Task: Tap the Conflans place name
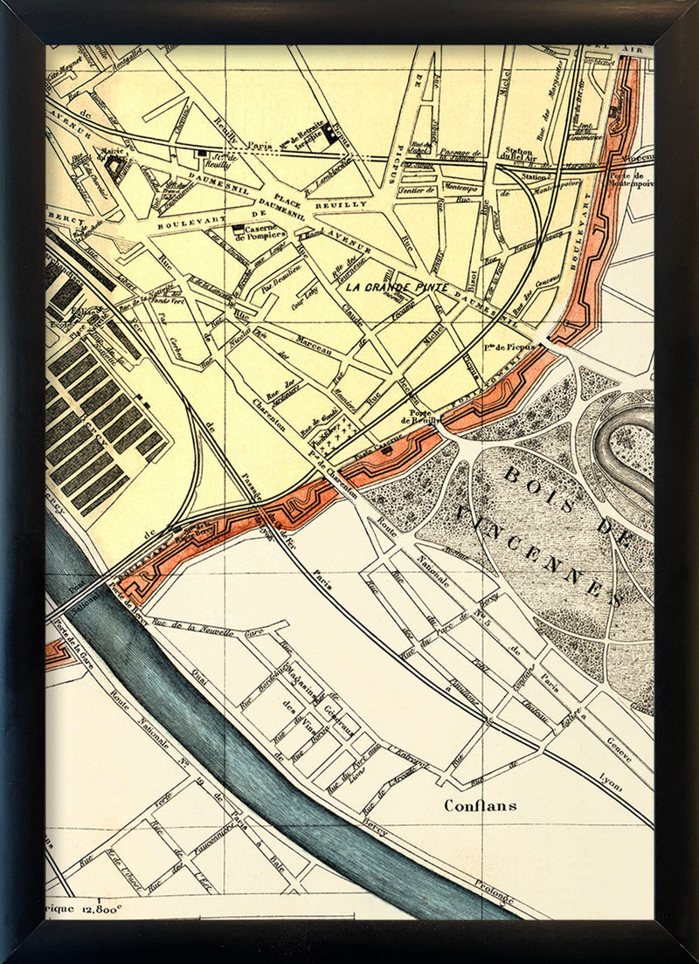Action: [x=480, y=805]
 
